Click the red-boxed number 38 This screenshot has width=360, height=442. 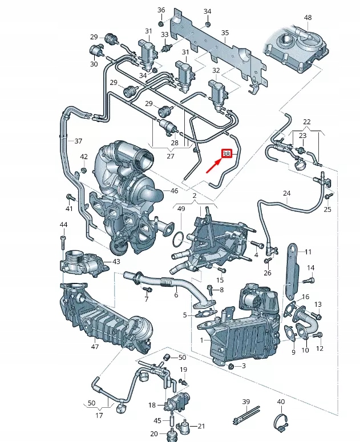(x=226, y=154)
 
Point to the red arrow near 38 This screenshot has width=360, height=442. (x=213, y=166)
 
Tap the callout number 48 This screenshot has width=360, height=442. (x=308, y=18)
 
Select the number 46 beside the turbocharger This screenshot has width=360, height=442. (x=175, y=191)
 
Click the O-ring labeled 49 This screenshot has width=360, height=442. (x=177, y=239)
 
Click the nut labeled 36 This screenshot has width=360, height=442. (x=161, y=23)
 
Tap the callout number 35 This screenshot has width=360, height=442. (x=225, y=33)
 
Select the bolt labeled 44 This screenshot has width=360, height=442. (x=63, y=242)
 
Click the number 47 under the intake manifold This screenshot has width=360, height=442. (x=95, y=346)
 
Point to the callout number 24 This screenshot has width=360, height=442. (x=287, y=193)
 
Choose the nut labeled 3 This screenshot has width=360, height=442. (x=230, y=366)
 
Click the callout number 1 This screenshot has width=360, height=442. (x=201, y=340)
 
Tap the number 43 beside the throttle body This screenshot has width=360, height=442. (x=116, y=262)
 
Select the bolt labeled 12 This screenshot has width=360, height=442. (x=318, y=335)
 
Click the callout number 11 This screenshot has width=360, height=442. (x=308, y=252)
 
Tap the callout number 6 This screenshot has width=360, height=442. (x=176, y=295)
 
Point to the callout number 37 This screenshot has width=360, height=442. (x=78, y=141)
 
